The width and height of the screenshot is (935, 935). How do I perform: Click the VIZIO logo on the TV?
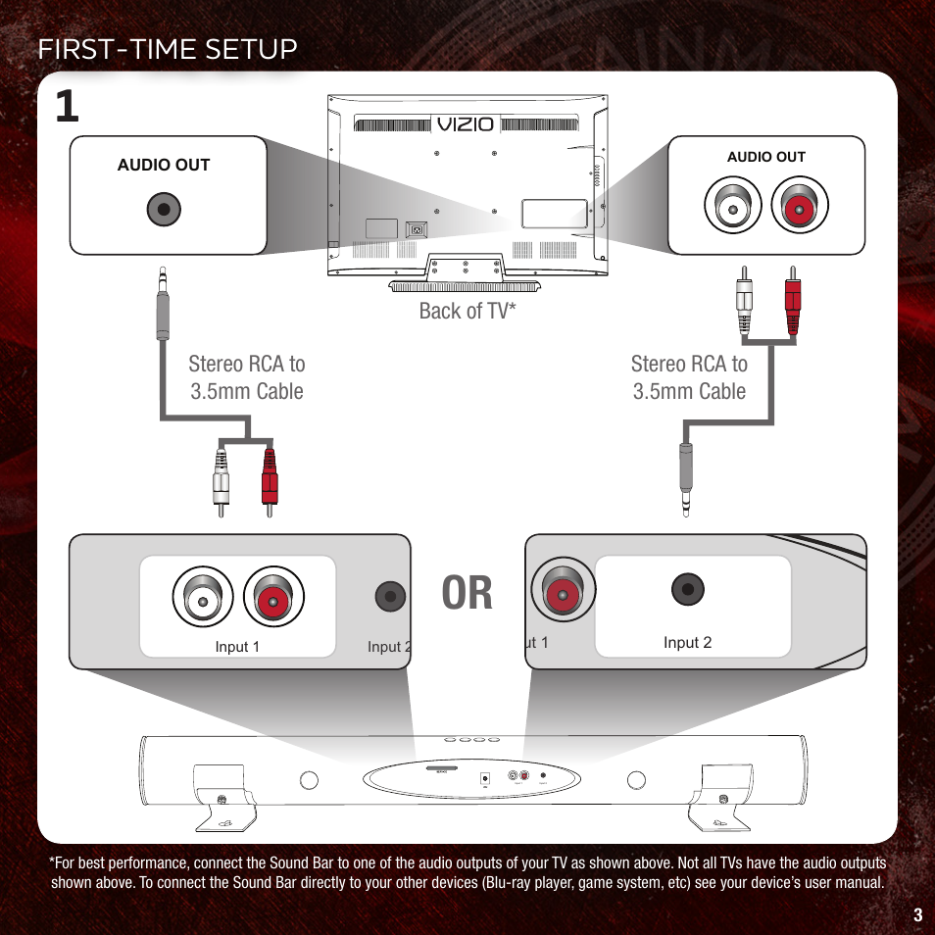click(466, 125)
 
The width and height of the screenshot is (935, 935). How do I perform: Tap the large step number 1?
click(67, 107)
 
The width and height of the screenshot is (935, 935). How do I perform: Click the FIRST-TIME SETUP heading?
click(168, 48)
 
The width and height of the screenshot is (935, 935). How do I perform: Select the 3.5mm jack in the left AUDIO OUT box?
click(163, 209)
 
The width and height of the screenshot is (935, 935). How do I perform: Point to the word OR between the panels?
click(467, 594)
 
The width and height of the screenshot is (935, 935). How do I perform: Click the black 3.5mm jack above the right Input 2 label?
click(688, 589)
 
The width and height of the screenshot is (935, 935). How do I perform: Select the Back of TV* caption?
click(467, 312)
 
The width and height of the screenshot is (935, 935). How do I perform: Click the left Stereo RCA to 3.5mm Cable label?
click(247, 377)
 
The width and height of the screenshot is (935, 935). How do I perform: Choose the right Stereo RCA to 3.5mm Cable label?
click(689, 377)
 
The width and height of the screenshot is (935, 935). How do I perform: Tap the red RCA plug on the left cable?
click(270, 480)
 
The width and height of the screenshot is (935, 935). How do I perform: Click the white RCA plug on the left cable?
click(221, 480)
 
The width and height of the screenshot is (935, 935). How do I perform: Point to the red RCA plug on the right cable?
click(792, 299)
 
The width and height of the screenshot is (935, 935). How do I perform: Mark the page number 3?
click(916, 915)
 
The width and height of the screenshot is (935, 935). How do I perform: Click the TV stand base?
click(465, 286)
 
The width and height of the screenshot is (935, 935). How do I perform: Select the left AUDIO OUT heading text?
click(164, 165)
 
